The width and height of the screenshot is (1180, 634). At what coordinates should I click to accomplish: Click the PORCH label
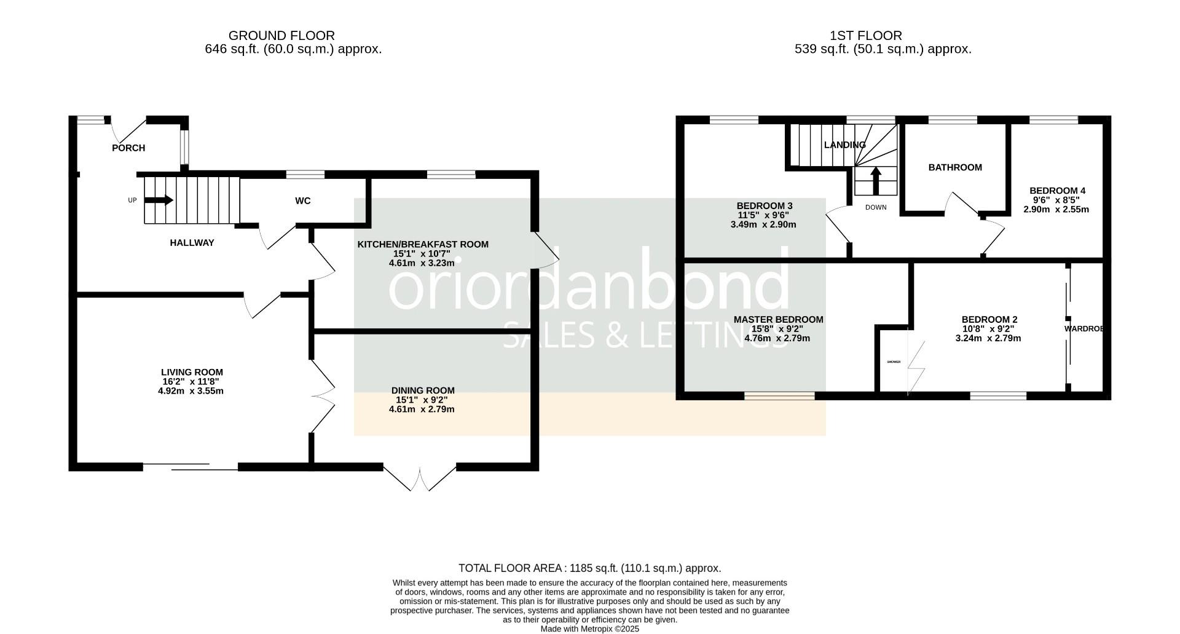(x=128, y=148)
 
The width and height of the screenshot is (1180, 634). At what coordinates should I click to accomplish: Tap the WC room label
(x=303, y=201)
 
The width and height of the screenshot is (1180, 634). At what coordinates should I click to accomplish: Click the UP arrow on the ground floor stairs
(x=159, y=200)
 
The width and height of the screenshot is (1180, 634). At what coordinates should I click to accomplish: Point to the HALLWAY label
(x=192, y=243)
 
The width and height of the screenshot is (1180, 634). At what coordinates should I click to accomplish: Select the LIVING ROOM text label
(x=192, y=372)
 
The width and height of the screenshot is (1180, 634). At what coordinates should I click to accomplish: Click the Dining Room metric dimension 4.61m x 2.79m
(x=422, y=409)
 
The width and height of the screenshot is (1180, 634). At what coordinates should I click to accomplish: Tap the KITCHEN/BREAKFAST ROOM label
(x=423, y=244)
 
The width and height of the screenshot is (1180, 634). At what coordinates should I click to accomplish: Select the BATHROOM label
(x=955, y=167)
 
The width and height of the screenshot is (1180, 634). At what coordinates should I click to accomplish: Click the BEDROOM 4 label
(x=1057, y=191)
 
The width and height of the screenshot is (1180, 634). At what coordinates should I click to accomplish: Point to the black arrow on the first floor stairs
(x=876, y=181)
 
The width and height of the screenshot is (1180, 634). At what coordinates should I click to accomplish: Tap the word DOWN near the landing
(x=876, y=207)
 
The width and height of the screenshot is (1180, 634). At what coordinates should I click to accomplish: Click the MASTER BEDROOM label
(x=778, y=320)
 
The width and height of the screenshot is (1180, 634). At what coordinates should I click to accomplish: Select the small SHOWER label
(x=894, y=362)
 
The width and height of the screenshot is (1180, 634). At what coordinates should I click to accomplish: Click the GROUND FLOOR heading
(x=281, y=36)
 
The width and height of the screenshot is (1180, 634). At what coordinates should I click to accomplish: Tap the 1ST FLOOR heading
(x=865, y=36)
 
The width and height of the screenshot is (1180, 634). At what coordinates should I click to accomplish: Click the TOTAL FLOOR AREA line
(x=589, y=568)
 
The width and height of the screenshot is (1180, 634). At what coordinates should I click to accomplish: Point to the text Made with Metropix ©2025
(x=589, y=629)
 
